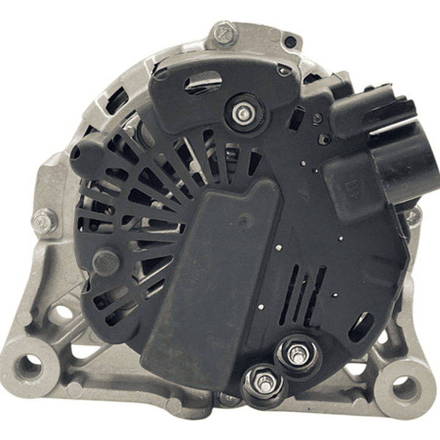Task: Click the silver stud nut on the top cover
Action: (244, 113)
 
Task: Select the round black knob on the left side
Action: (105, 261)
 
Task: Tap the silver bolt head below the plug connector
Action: (414, 215)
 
